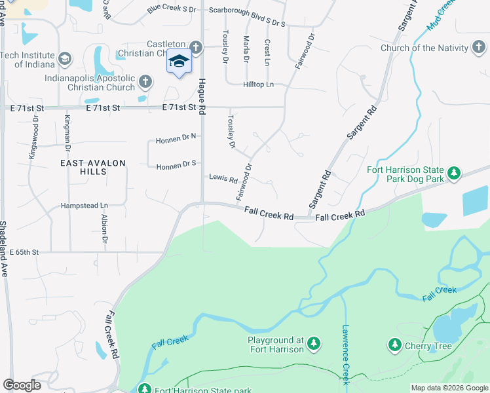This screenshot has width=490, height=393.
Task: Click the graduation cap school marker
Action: coord(179,62)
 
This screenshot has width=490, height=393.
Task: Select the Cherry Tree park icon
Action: coord(394,345)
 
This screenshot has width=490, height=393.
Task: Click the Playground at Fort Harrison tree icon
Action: coord(314,343)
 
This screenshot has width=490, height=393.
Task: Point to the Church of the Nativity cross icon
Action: coord(478,48)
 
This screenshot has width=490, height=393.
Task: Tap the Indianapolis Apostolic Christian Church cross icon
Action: coord(145,82)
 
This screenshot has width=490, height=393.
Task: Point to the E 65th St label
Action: coord(24,252)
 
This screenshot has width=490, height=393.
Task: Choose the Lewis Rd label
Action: coord(223,178)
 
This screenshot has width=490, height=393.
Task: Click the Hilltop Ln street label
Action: coord(259,84)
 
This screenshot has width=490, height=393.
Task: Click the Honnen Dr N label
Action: coord(176,140)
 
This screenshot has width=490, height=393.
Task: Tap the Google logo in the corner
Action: coord(22,385)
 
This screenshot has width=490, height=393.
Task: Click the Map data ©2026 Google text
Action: coord(449,388)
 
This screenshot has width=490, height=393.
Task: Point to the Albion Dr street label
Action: coord(104,229)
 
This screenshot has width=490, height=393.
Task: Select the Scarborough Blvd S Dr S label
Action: coord(247,10)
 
